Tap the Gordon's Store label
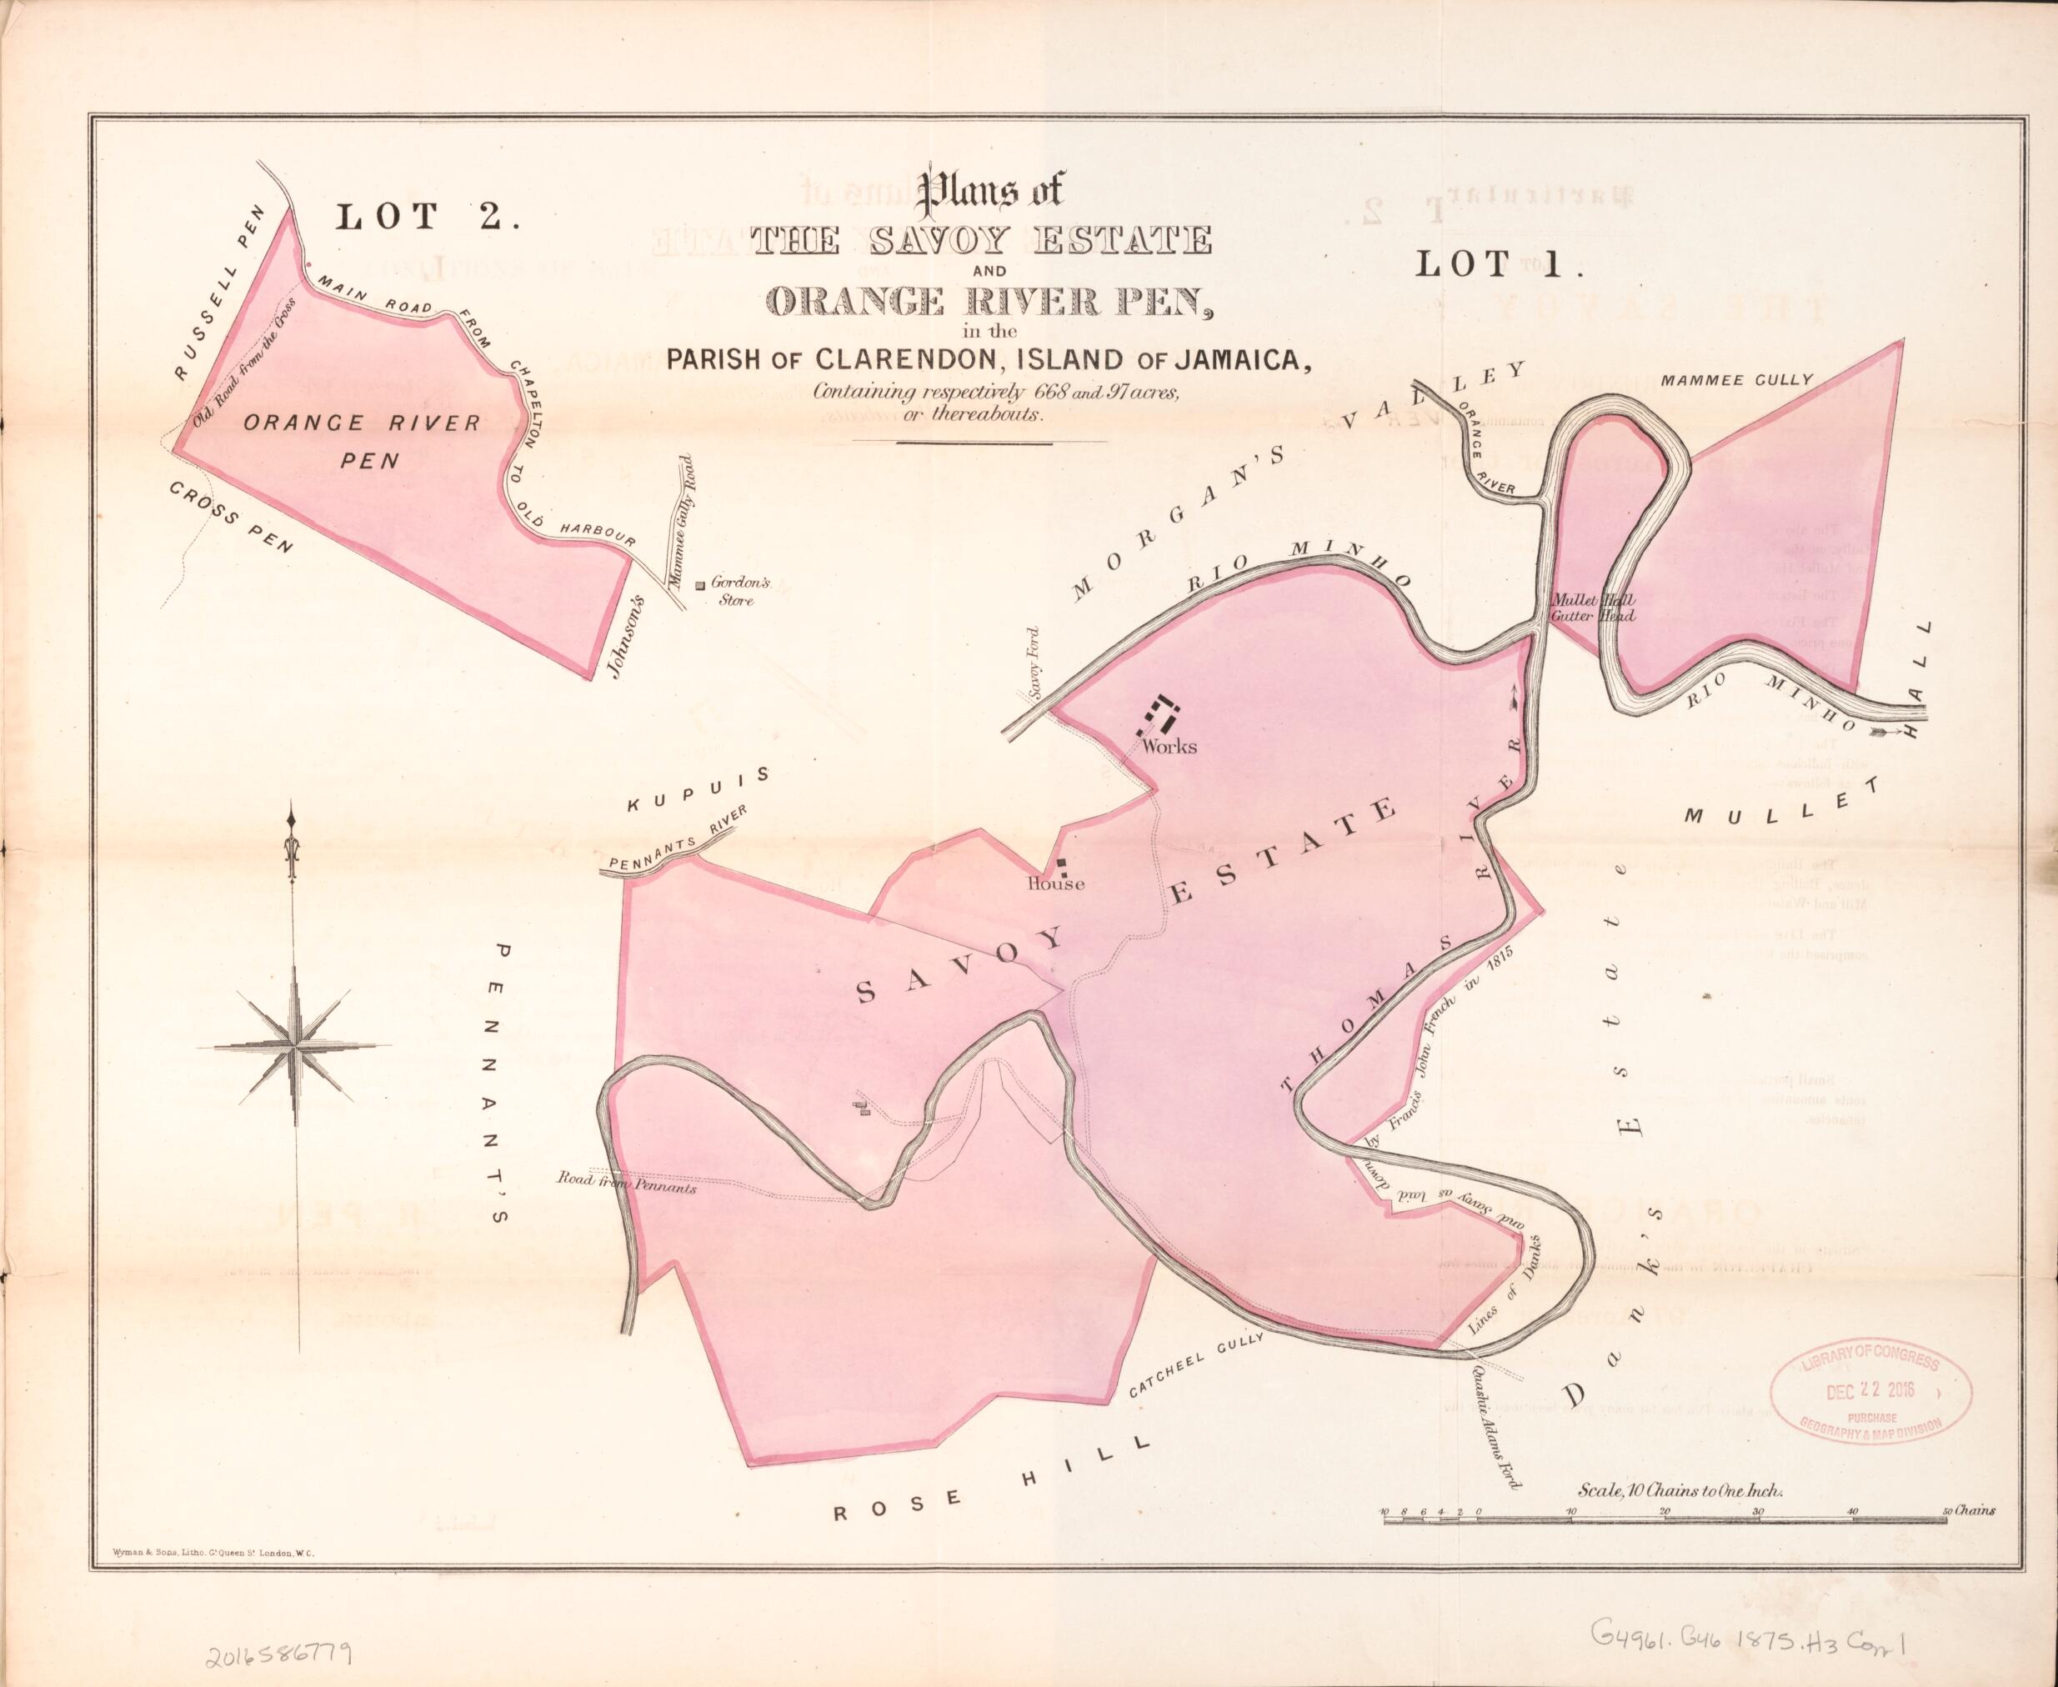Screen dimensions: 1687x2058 coord(739,592)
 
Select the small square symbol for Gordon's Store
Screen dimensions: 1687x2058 coord(699,586)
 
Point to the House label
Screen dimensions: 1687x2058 coord(1056,884)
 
